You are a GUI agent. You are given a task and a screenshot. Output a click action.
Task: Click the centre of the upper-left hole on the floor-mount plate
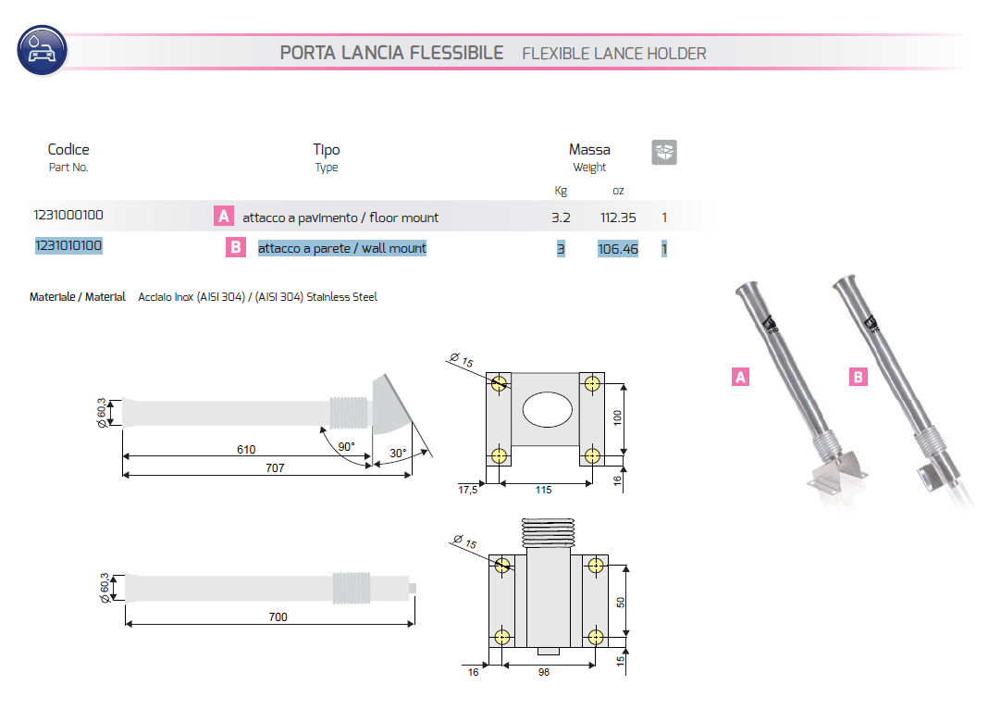coord(499,383)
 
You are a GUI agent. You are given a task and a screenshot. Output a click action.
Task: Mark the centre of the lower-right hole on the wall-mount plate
coord(596,637)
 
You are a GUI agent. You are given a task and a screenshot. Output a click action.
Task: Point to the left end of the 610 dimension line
coord(122,456)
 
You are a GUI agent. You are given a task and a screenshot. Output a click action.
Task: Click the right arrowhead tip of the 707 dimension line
coord(412,475)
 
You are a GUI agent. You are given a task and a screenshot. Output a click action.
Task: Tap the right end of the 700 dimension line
coord(414,624)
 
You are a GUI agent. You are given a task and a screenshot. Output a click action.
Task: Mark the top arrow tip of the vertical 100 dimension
coord(624,384)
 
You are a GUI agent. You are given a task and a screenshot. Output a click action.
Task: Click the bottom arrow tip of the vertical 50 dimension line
coord(625,637)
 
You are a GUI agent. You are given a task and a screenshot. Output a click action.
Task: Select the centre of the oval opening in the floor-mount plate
coord(547,409)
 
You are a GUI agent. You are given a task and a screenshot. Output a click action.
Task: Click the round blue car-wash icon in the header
coord(43,51)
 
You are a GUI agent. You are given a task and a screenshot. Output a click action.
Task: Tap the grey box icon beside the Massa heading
coord(664,152)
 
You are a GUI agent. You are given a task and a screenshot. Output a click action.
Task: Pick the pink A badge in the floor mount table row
coord(224,216)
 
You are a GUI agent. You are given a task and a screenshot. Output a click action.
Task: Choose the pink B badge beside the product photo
coord(858,377)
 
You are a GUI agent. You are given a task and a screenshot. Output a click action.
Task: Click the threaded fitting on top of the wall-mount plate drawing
coord(549,533)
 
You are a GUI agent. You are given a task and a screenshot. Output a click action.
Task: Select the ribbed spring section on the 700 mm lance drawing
coord(352,589)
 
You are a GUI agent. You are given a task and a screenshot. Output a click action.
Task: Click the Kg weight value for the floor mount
coord(561,218)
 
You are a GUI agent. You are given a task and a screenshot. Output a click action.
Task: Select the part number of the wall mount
coord(68,245)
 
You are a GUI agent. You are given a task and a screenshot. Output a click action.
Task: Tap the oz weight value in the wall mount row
coord(617,249)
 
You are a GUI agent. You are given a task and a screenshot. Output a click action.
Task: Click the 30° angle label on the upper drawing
coord(398,453)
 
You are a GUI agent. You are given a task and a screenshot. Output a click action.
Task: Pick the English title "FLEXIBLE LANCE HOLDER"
coord(614,54)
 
